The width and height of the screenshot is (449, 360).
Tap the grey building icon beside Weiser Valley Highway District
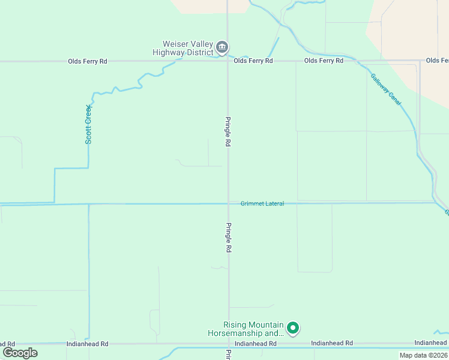(x=222, y=47)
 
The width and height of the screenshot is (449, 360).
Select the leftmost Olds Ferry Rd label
(x=88, y=61)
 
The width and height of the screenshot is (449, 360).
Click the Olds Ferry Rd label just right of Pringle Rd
(x=253, y=61)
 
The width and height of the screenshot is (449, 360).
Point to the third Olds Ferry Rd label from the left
(x=324, y=61)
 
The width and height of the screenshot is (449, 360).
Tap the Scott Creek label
(x=88, y=124)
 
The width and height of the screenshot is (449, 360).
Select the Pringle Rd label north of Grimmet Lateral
(x=228, y=132)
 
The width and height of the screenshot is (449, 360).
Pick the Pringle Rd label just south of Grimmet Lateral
(x=228, y=238)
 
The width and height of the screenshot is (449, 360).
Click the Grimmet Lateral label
(x=262, y=203)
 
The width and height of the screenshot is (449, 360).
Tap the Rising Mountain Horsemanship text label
(x=245, y=329)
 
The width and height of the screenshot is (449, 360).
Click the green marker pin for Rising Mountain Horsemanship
(x=293, y=328)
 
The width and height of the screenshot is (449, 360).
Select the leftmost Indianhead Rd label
(x=88, y=344)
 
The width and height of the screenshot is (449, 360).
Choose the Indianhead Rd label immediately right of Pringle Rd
(x=255, y=344)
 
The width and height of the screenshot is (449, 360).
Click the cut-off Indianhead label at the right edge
(x=431, y=343)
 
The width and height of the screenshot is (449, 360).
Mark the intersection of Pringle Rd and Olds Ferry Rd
(x=228, y=61)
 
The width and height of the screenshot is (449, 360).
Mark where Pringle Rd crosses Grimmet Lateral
(x=228, y=203)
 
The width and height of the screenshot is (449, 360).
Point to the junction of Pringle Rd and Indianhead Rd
(x=228, y=344)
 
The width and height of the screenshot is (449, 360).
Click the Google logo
(x=20, y=353)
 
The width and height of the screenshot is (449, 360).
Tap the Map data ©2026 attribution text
(x=423, y=355)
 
